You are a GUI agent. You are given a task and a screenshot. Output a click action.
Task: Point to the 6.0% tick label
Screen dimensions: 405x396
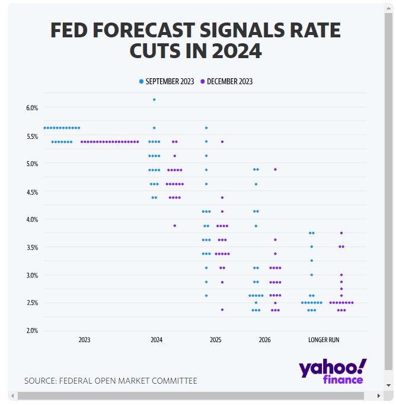click(32, 108)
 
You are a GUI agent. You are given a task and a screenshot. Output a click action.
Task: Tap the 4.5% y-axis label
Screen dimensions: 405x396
click(32, 192)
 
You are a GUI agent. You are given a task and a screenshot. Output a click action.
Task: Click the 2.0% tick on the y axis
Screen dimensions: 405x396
click(32, 330)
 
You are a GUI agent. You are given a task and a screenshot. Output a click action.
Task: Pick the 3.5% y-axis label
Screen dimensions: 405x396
click(32, 247)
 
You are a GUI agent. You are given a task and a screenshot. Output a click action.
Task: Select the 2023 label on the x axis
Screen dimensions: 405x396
click(85, 340)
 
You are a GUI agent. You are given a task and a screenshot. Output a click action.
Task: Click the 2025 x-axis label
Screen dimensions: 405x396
click(216, 340)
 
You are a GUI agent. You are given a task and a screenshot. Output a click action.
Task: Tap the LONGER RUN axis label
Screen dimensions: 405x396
click(324, 340)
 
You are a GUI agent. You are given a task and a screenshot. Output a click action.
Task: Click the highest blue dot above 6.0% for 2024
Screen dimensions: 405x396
click(154, 100)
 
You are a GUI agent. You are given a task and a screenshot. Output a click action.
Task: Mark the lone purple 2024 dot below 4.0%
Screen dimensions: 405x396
click(174, 225)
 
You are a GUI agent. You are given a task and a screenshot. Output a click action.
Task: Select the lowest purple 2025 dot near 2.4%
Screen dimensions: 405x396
click(222, 310)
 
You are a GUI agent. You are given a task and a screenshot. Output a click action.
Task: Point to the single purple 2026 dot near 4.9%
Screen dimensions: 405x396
click(275, 170)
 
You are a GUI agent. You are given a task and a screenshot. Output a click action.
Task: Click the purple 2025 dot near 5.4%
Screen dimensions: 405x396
click(222, 142)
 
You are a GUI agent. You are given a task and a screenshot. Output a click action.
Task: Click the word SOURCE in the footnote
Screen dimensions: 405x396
click(40, 381)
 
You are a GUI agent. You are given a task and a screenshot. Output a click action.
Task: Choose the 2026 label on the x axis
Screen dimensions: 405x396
click(264, 340)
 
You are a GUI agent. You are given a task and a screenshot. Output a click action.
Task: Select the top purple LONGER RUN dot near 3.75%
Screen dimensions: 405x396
click(341, 233)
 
